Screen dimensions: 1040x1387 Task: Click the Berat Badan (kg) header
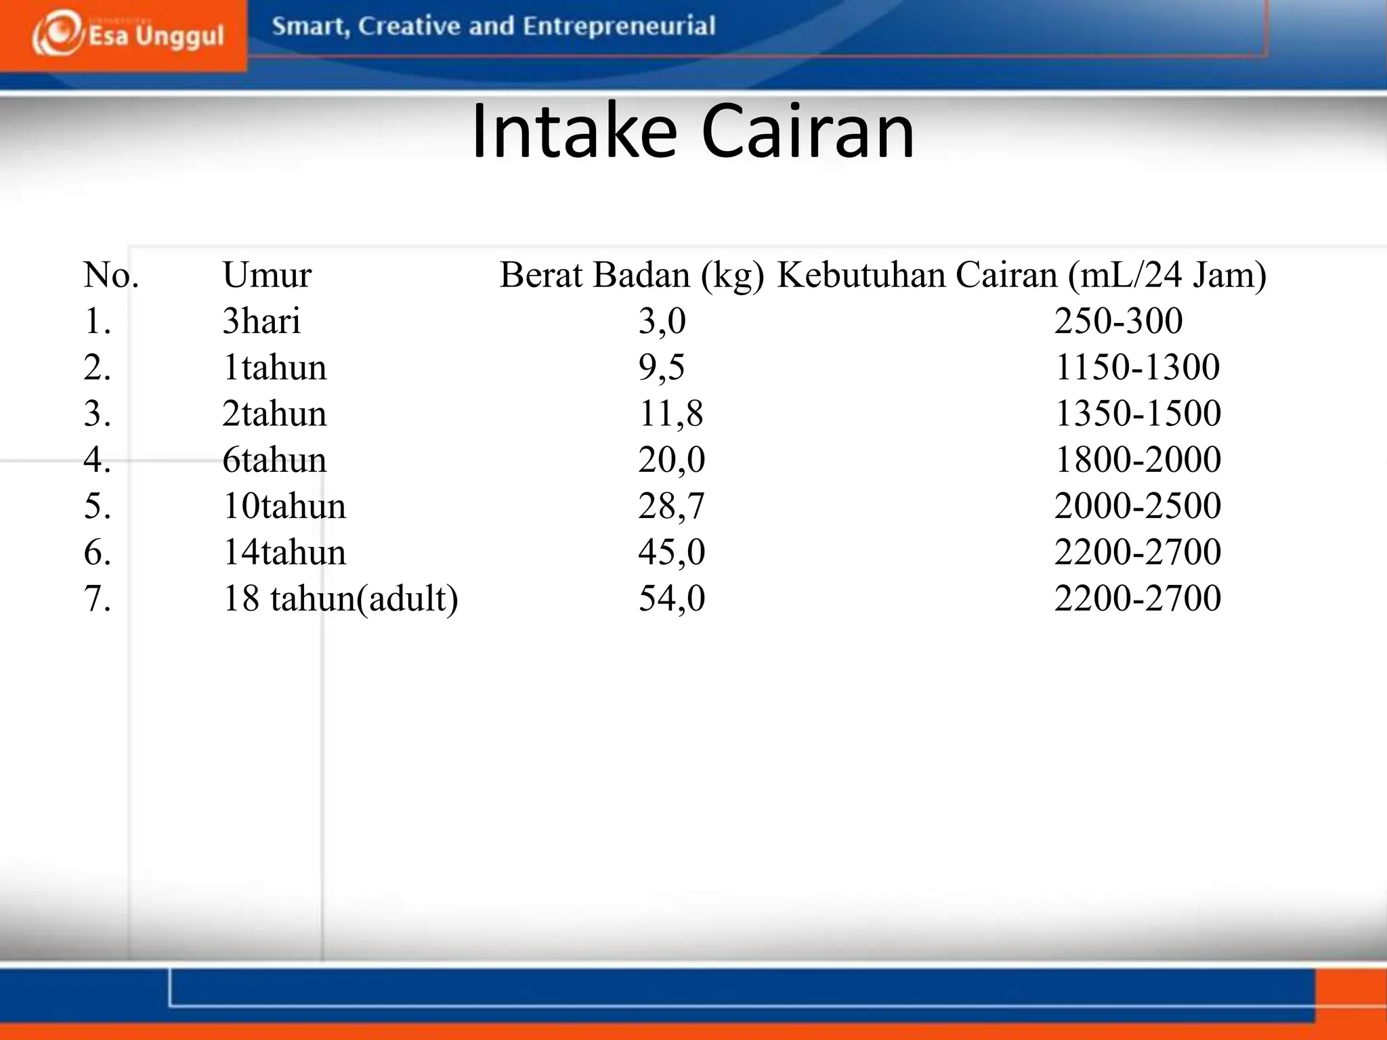pos(632,276)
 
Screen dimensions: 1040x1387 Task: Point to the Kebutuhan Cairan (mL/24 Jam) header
pos(1021,276)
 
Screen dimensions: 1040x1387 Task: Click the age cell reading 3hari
pos(261,321)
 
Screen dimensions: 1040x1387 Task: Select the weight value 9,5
pos(662,368)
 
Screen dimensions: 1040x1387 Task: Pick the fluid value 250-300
pos(1118,321)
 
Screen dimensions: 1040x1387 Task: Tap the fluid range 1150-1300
pos(1137,368)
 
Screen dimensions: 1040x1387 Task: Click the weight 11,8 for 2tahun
pos(670,414)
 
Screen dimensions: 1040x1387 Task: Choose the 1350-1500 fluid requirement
pos(1138,414)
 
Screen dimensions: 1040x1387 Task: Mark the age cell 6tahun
pos(274,460)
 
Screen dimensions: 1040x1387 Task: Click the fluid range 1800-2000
pos(1138,460)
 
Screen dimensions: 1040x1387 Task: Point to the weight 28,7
pos(671,506)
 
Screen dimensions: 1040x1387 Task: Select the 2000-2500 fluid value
pos(1138,506)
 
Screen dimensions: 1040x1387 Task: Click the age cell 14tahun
pos(284,552)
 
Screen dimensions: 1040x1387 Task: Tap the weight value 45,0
pos(671,552)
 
